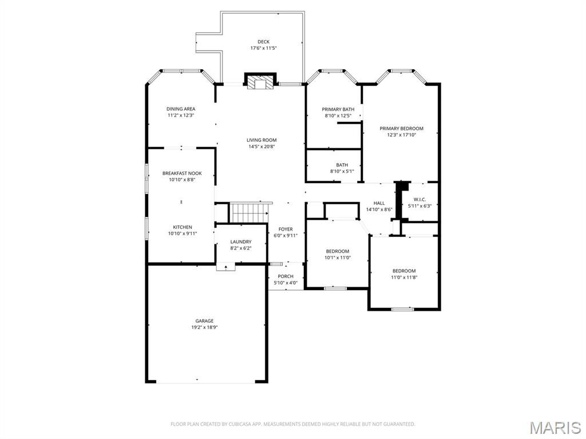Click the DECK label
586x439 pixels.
pos(263,42)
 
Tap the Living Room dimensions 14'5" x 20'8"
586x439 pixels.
pos(262,147)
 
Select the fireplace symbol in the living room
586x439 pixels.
pos(261,81)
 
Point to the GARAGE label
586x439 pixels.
pos(204,321)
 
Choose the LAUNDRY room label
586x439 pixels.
pos(241,242)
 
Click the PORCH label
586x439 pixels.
pos(286,276)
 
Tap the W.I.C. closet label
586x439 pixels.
pos(419,200)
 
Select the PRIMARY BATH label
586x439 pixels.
pos(338,109)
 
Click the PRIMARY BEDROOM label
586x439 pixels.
pos(401,129)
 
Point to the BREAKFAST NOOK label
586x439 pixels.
pos(182,173)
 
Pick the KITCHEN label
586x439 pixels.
pos(183,227)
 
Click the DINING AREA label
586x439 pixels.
pos(181,109)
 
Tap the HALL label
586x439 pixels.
pos(379,203)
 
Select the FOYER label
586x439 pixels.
pos(286,229)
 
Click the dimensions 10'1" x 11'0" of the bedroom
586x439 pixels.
pos(338,258)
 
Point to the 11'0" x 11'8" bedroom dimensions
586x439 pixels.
pos(404,278)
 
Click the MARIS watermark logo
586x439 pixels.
pos(555,428)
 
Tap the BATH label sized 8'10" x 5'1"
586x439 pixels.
pos(342,165)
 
